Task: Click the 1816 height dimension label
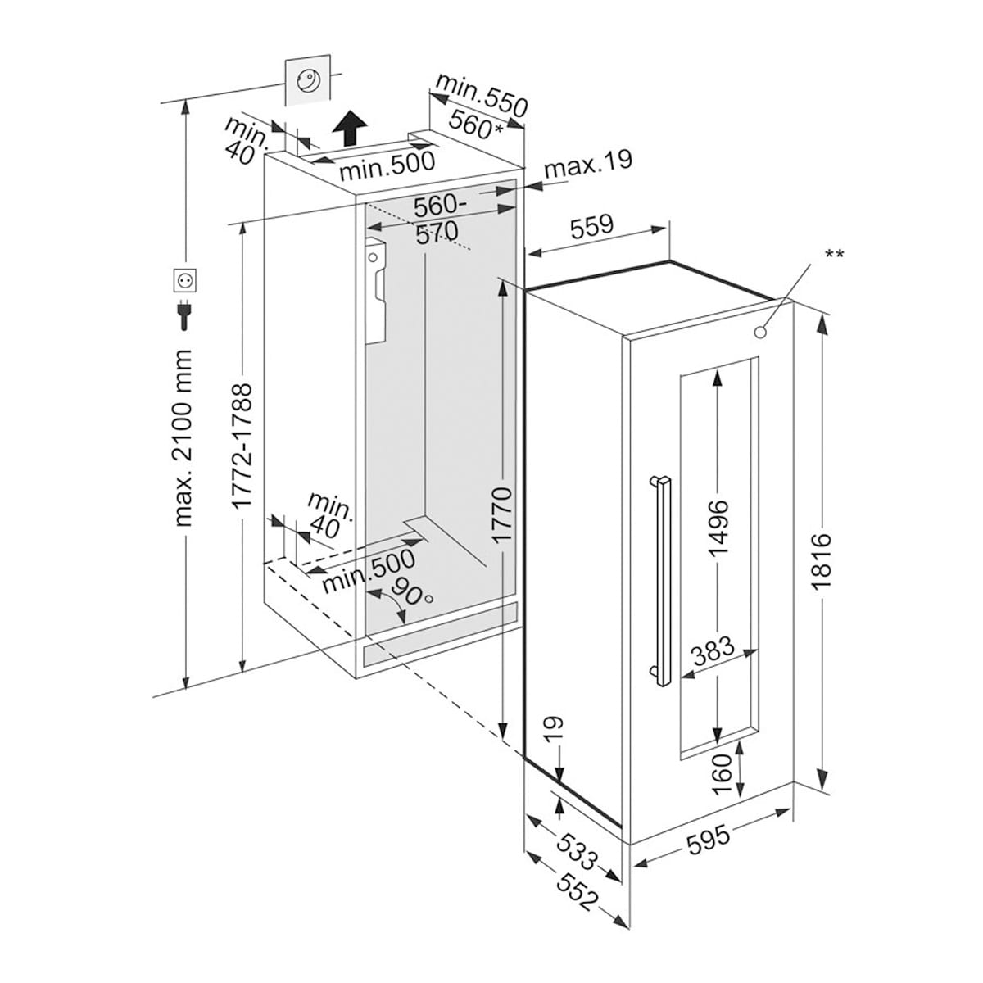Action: click(x=822, y=559)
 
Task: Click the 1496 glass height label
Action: click(x=718, y=527)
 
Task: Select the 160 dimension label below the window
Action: click(x=721, y=774)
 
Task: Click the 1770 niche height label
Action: click(x=501, y=515)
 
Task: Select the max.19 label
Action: click(x=588, y=164)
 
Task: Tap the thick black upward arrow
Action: click(x=350, y=128)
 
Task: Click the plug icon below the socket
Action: click(x=184, y=315)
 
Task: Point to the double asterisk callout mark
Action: click(x=834, y=254)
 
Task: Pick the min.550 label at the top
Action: click(x=480, y=93)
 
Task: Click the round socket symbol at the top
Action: click(x=309, y=80)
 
